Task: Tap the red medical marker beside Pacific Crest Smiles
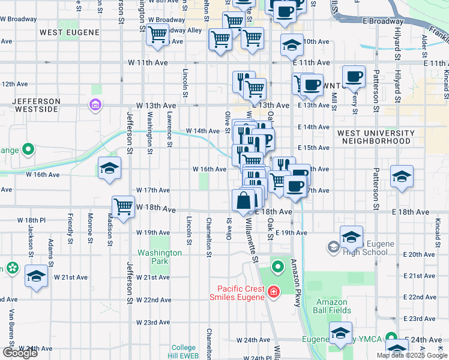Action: (274, 292)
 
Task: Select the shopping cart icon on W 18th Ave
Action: (124, 206)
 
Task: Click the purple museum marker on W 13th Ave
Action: (94, 106)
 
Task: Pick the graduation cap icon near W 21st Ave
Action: (36, 276)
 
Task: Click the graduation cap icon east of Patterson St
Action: (402, 176)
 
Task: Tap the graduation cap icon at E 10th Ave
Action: (292, 44)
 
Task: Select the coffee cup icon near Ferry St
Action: (354, 76)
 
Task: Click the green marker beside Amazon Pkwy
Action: (277, 266)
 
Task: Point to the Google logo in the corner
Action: (20, 352)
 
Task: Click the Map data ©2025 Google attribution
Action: (411, 355)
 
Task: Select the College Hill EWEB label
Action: (184, 352)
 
